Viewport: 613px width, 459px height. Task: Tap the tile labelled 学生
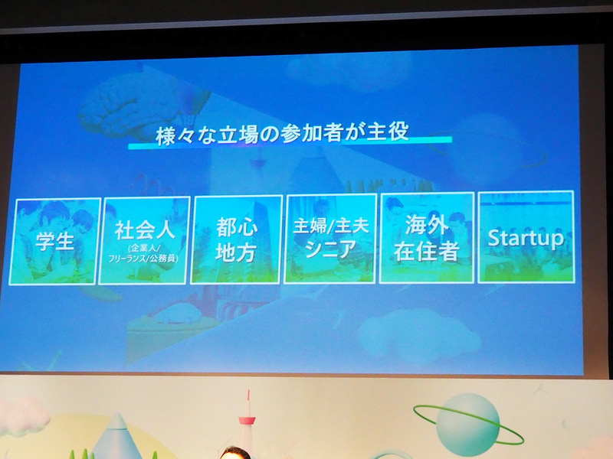pyautogui.click(x=55, y=241)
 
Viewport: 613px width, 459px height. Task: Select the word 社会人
pyautogui.click(x=145, y=229)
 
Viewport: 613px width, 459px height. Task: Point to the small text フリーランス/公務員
pyautogui.click(x=145, y=259)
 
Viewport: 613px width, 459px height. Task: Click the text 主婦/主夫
pyautogui.click(x=330, y=227)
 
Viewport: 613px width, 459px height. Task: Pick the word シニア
pyautogui.click(x=330, y=250)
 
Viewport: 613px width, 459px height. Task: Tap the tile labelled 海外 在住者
pyautogui.click(x=426, y=239)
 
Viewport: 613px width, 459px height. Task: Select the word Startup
pyautogui.click(x=526, y=238)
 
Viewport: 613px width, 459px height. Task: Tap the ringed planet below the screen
pyautogui.click(x=468, y=424)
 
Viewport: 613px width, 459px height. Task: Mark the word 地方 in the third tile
pyautogui.click(x=236, y=253)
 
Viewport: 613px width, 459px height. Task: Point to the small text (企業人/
pyautogui.click(x=145, y=248)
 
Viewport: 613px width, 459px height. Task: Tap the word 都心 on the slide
pyautogui.click(x=236, y=228)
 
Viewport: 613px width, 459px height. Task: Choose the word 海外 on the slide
pyautogui.click(x=426, y=226)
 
